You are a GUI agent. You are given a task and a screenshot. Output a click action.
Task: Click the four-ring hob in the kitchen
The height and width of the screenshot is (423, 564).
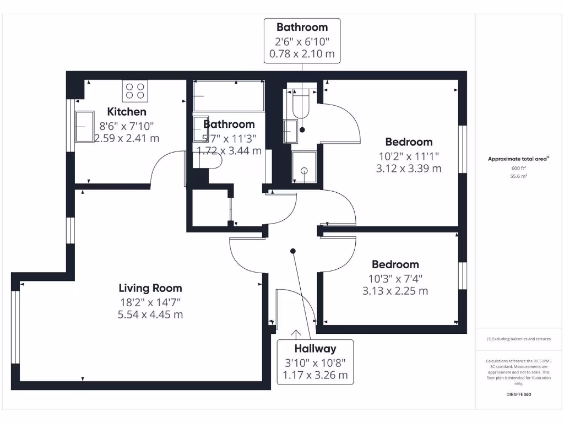click(135, 91)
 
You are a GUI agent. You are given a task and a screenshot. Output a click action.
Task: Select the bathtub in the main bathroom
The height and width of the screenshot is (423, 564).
click(228, 95)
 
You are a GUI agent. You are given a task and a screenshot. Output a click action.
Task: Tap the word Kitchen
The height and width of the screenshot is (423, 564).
click(127, 112)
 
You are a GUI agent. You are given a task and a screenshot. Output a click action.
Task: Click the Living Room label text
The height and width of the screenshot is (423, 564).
click(150, 288)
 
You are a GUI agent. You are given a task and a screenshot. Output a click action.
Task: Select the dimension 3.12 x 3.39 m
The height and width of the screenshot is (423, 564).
click(409, 169)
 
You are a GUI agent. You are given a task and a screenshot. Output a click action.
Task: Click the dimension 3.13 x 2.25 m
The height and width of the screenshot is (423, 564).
click(395, 291)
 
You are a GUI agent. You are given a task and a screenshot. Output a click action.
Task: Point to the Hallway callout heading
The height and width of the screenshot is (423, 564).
click(315, 349)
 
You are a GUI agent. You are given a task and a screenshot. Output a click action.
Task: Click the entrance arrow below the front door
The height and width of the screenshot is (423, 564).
click(296, 334)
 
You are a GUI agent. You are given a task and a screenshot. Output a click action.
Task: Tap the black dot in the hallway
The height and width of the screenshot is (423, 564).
click(293, 251)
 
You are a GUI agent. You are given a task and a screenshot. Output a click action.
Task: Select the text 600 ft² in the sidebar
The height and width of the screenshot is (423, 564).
click(518, 168)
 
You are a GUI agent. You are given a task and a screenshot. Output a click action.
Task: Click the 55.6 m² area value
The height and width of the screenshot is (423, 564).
click(518, 176)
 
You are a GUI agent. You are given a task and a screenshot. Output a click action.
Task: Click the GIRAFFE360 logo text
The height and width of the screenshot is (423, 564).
click(518, 394)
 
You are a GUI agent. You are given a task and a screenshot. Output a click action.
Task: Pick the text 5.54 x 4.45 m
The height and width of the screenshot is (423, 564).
click(150, 314)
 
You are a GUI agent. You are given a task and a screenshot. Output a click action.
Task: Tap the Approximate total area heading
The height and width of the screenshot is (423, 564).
click(518, 159)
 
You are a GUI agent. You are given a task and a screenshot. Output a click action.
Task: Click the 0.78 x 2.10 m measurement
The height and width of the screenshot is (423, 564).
click(302, 55)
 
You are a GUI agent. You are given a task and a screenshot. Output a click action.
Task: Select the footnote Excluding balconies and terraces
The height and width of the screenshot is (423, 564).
click(518, 339)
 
